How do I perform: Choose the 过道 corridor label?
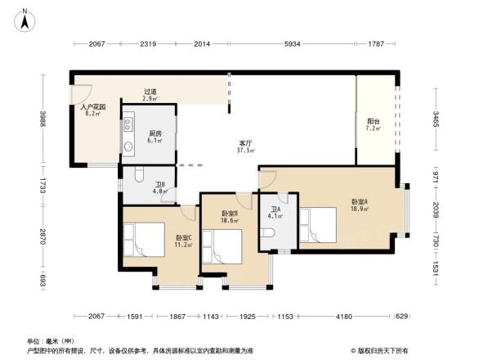tap(150, 92)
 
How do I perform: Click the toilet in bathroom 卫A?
tap(271, 236)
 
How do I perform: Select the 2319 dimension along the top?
tap(148, 43)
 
